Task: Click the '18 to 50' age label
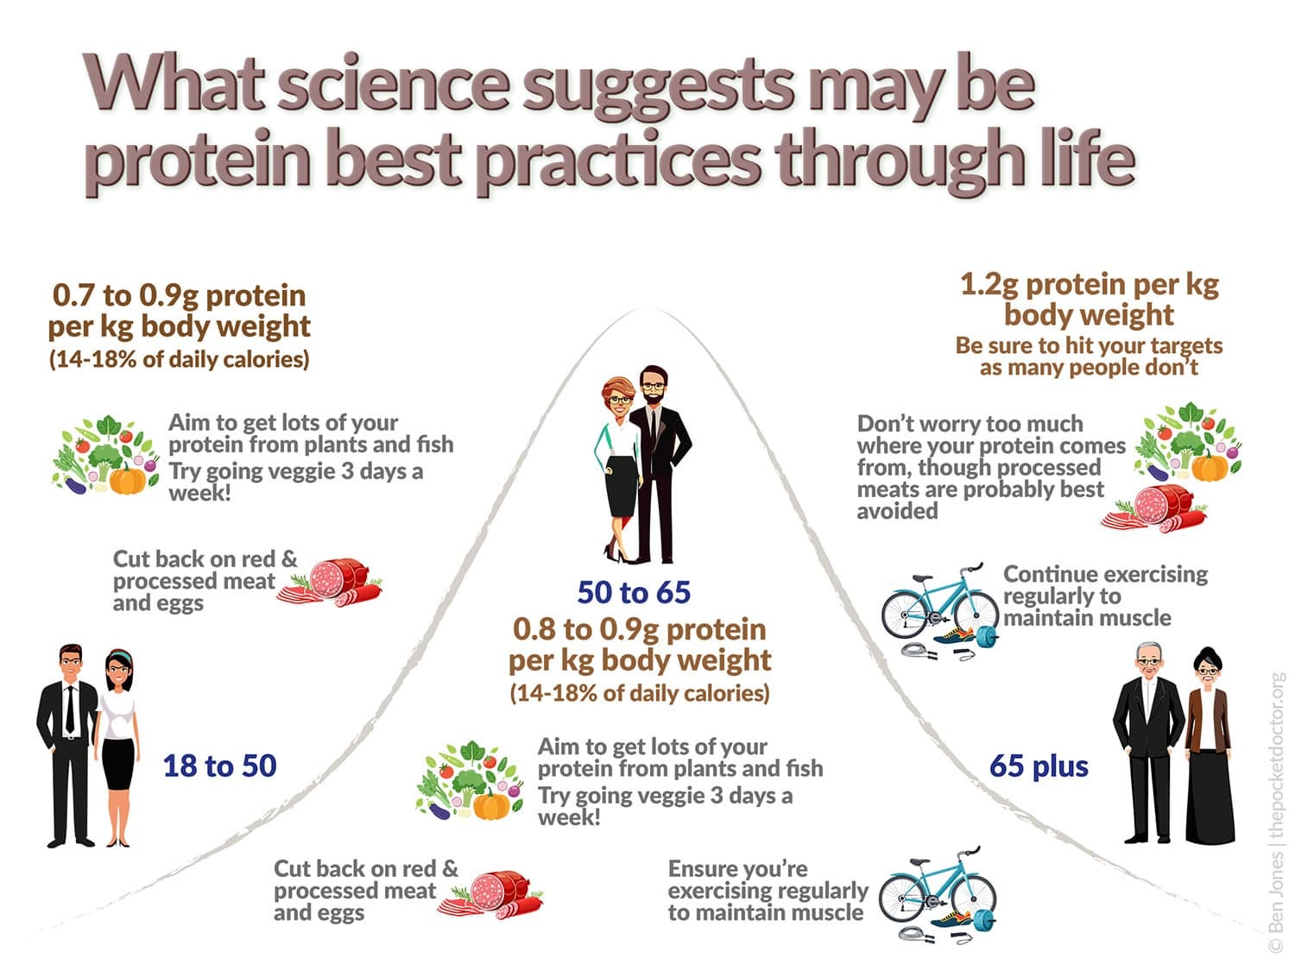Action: click(219, 766)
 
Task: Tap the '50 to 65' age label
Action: click(634, 592)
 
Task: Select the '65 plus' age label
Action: click(1039, 766)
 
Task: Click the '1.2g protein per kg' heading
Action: click(1090, 284)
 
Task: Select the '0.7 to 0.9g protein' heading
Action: click(180, 295)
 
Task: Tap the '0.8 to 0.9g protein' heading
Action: click(640, 629)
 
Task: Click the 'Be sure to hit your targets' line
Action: click(1090, 345)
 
